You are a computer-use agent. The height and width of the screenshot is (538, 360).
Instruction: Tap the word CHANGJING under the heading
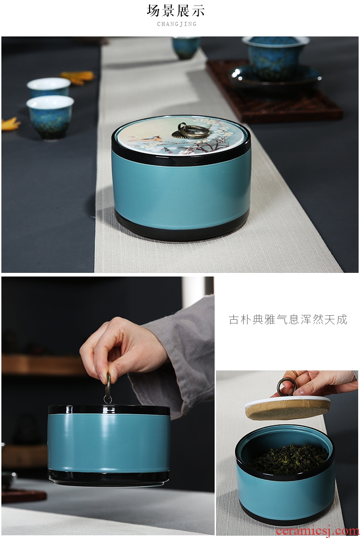177,24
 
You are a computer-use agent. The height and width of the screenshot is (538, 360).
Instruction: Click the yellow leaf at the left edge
10,123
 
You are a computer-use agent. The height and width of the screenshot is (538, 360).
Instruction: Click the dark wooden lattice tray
274,91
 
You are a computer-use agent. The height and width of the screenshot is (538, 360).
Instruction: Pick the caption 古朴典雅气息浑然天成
288,319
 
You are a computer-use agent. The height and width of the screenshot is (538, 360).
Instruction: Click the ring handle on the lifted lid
286,387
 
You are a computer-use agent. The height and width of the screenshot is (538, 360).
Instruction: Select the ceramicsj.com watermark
317,531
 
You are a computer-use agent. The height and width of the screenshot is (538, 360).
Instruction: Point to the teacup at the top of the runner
186,47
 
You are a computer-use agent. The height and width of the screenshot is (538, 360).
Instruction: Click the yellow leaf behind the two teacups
77,76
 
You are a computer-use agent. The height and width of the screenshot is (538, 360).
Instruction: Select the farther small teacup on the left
48,87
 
